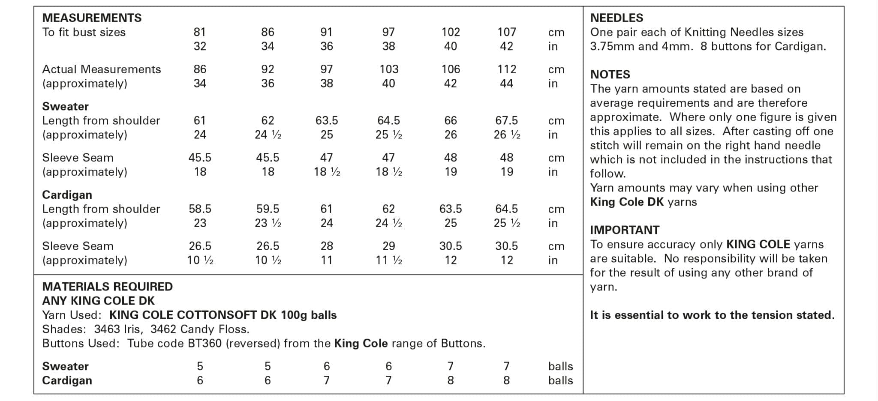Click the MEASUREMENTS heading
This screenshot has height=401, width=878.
(92, 18)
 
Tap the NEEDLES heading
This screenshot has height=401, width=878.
(616, 18)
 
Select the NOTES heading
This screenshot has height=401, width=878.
(610, 75)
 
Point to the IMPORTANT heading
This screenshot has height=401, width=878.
(625, 230)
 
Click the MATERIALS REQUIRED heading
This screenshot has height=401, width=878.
(107, 287)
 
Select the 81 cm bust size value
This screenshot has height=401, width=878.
(200, 32)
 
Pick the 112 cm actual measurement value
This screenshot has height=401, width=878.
(506, 69)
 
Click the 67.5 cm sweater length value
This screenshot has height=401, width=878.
(506, 121)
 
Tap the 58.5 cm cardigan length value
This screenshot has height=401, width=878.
(200, 209)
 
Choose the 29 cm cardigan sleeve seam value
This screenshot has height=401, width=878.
(388, 246)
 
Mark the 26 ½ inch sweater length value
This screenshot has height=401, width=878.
(507, 135)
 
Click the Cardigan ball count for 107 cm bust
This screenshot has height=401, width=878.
(506, 380)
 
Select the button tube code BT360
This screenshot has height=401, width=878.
(204, 344)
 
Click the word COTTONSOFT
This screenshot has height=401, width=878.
(216, 315)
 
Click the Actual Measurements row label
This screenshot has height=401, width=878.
(101, 69)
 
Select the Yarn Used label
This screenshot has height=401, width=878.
(72, 315)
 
